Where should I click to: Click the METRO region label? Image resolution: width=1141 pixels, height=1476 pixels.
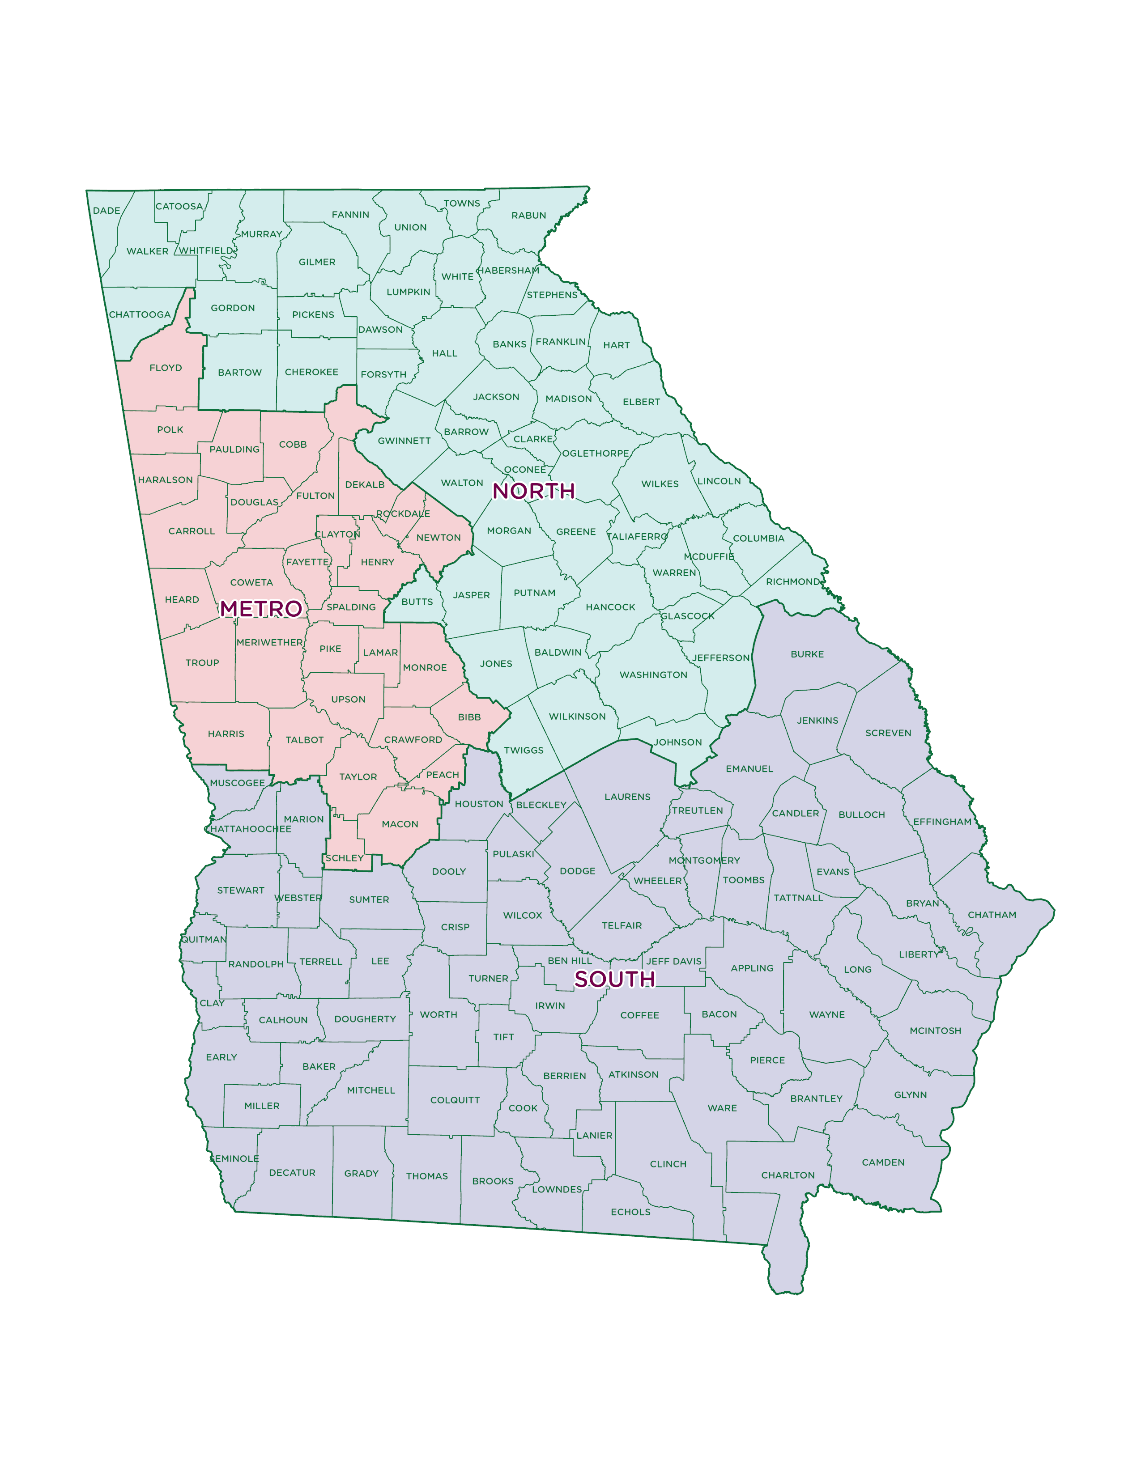pos(261,609)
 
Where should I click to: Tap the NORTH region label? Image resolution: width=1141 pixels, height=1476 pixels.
pos(533,491)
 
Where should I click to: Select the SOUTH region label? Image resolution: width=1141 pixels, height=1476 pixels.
pos(614,979)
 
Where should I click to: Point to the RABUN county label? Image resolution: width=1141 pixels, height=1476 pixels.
pos(528,216)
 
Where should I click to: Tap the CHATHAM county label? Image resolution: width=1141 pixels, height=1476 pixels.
pos(992,915)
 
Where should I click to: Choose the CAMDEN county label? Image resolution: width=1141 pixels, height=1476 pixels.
pos(883,1162)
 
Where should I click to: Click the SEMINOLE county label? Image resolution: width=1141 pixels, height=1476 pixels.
pos(234,1158)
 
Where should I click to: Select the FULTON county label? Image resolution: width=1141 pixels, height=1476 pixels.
pos(315,496)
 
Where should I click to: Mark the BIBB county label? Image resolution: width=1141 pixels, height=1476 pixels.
pos(469,717)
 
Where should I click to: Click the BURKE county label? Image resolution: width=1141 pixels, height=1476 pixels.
pos(807,654)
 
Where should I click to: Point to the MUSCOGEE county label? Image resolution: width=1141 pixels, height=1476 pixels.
pos(237,783)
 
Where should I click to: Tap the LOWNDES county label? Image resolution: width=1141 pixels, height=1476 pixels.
pos(557,1189)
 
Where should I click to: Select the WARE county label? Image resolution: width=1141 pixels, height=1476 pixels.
pos(722,1108)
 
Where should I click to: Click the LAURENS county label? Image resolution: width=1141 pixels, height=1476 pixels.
pos(627,797)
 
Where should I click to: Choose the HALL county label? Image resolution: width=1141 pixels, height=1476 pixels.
pos(445,353)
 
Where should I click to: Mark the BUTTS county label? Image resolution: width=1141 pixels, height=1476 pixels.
pos(417,602)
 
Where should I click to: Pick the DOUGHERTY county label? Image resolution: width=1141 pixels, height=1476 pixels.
pos(365,1019)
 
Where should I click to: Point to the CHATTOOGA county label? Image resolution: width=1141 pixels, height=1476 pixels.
pos(140,315)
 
